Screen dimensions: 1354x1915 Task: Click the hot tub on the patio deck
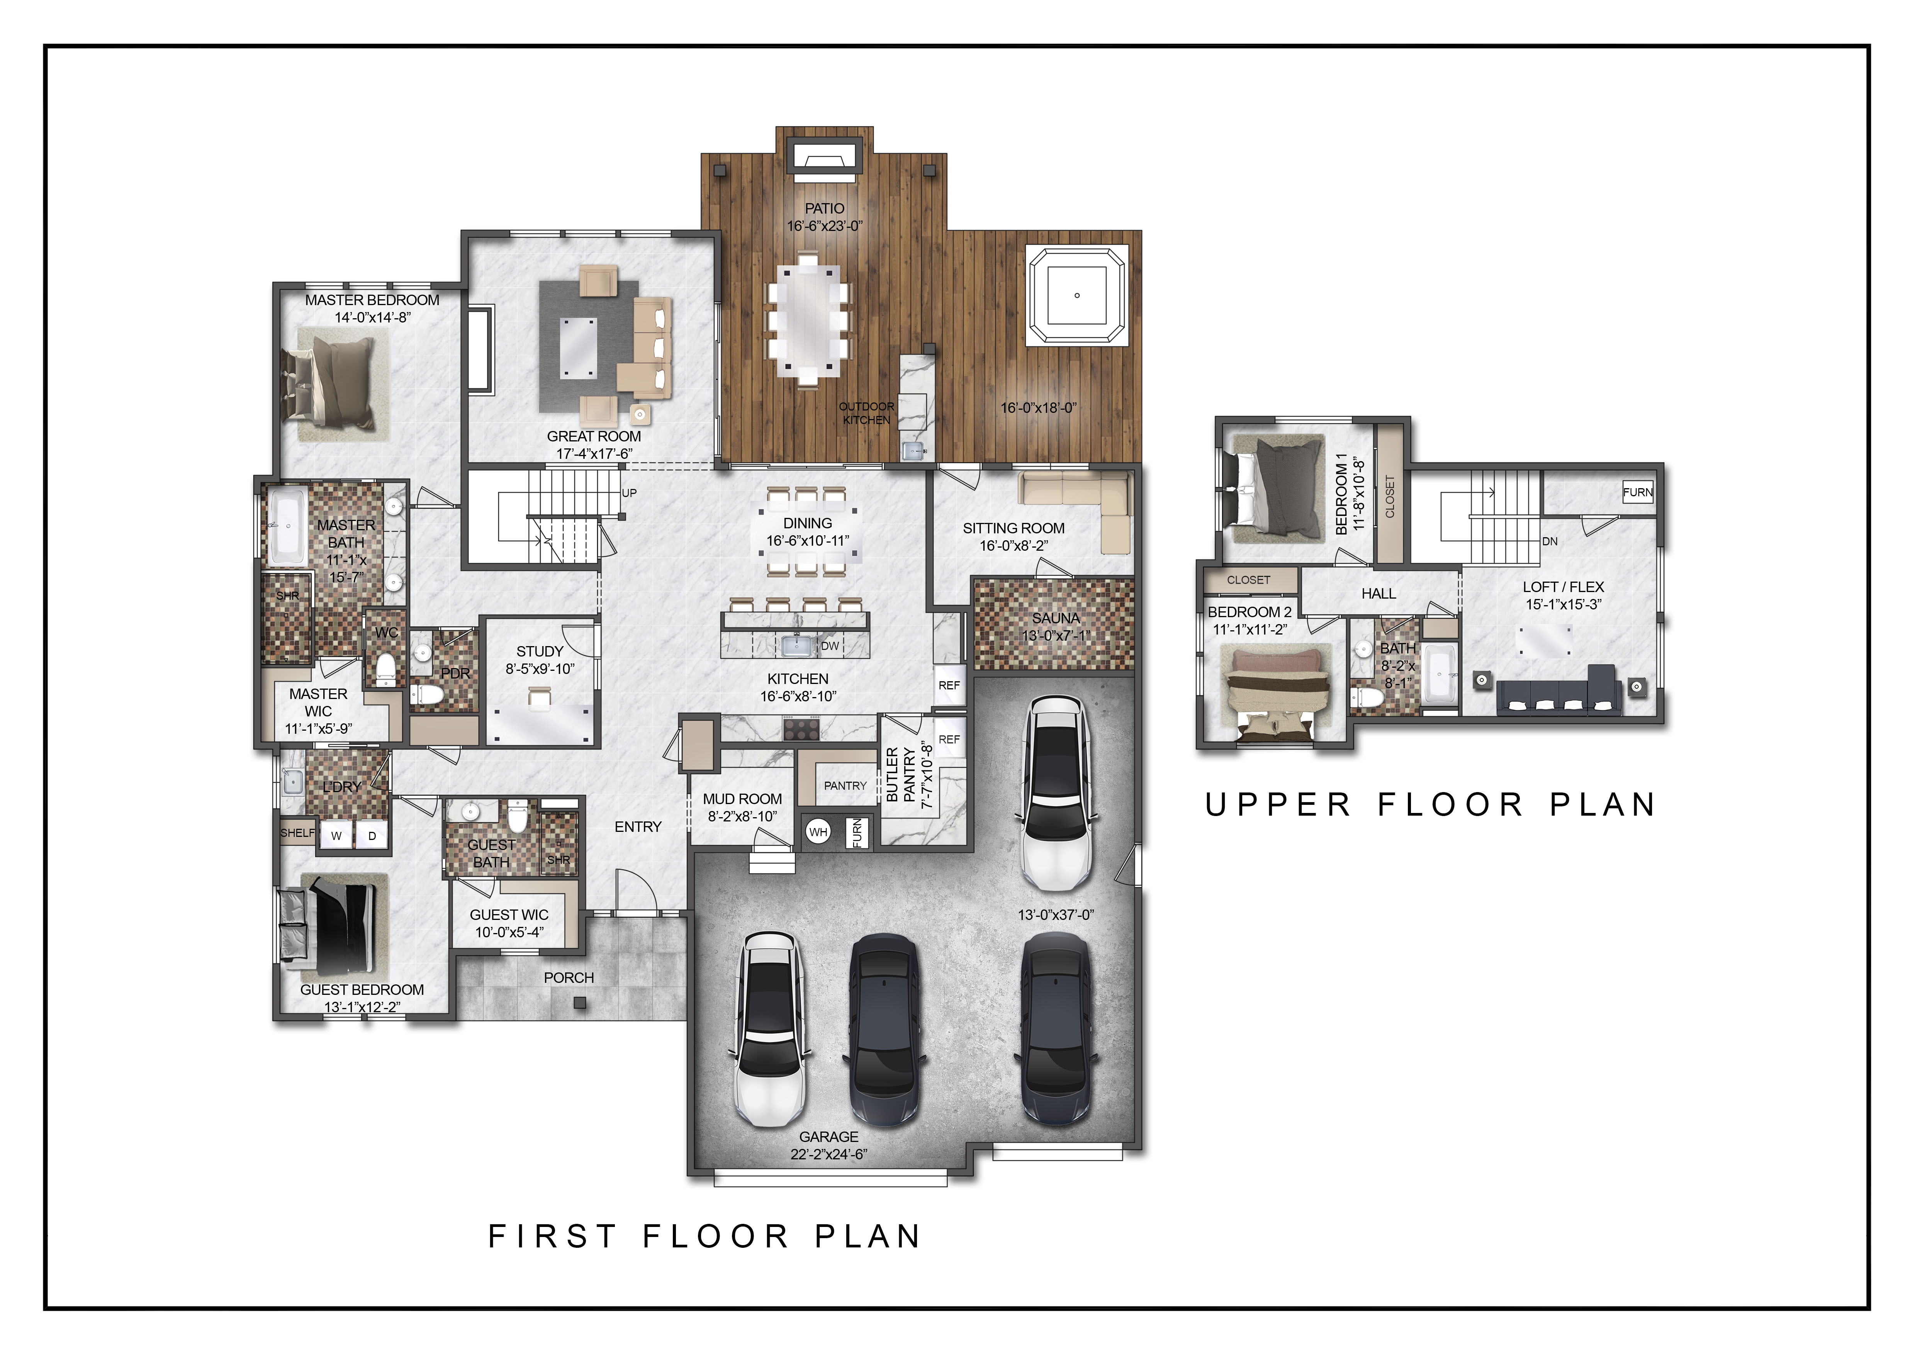pos(1077,295)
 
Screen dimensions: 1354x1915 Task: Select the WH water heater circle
pos(818,832)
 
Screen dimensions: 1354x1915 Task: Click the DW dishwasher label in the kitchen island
pos(830,645)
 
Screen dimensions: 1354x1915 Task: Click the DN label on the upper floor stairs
pos(1550,541)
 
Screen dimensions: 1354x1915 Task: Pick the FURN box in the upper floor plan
pos(1637,492)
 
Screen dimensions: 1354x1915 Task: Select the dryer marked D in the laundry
pos(372,835)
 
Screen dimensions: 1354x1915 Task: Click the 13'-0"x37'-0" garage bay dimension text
pos(1056,915)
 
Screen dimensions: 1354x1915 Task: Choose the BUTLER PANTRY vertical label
pos(901,775)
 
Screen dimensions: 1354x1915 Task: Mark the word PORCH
pos(569,977)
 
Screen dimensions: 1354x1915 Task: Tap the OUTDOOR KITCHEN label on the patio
pos(867,413)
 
